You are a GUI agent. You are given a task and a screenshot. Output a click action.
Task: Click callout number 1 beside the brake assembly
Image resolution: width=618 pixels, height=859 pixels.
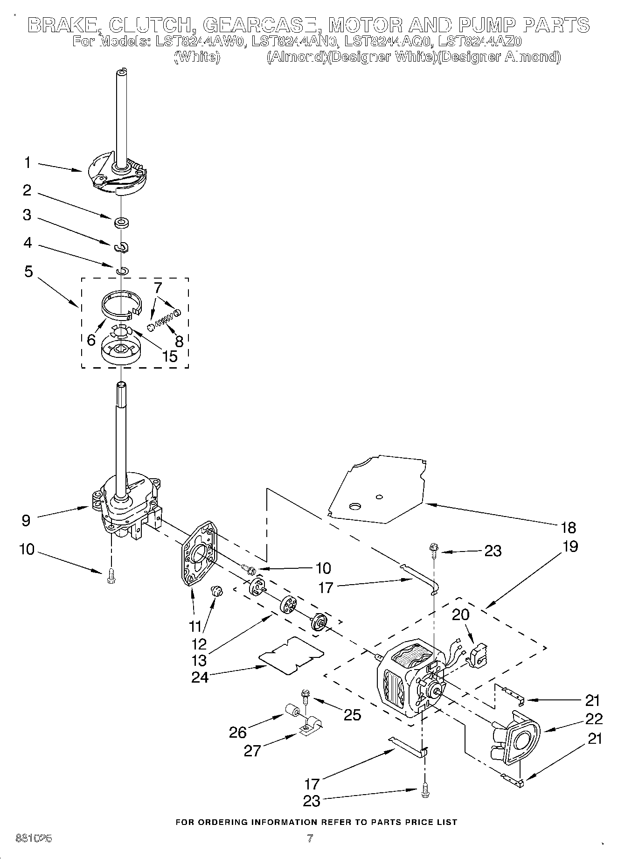[28, 163]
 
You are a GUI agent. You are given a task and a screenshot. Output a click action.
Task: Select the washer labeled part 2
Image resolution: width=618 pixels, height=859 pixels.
[121, 221]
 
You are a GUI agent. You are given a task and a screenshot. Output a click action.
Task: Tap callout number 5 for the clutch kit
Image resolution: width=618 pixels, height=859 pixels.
[29, 272]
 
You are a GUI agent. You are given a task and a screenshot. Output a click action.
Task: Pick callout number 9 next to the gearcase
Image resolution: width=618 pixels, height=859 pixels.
[26, 520]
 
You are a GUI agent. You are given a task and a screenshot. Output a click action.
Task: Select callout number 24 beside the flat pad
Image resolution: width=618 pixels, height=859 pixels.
[200, 677]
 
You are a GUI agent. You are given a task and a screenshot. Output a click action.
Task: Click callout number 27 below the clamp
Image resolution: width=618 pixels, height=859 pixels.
[252, 751]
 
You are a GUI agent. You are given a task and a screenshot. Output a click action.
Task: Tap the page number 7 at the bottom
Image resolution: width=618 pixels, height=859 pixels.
[309, 838]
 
